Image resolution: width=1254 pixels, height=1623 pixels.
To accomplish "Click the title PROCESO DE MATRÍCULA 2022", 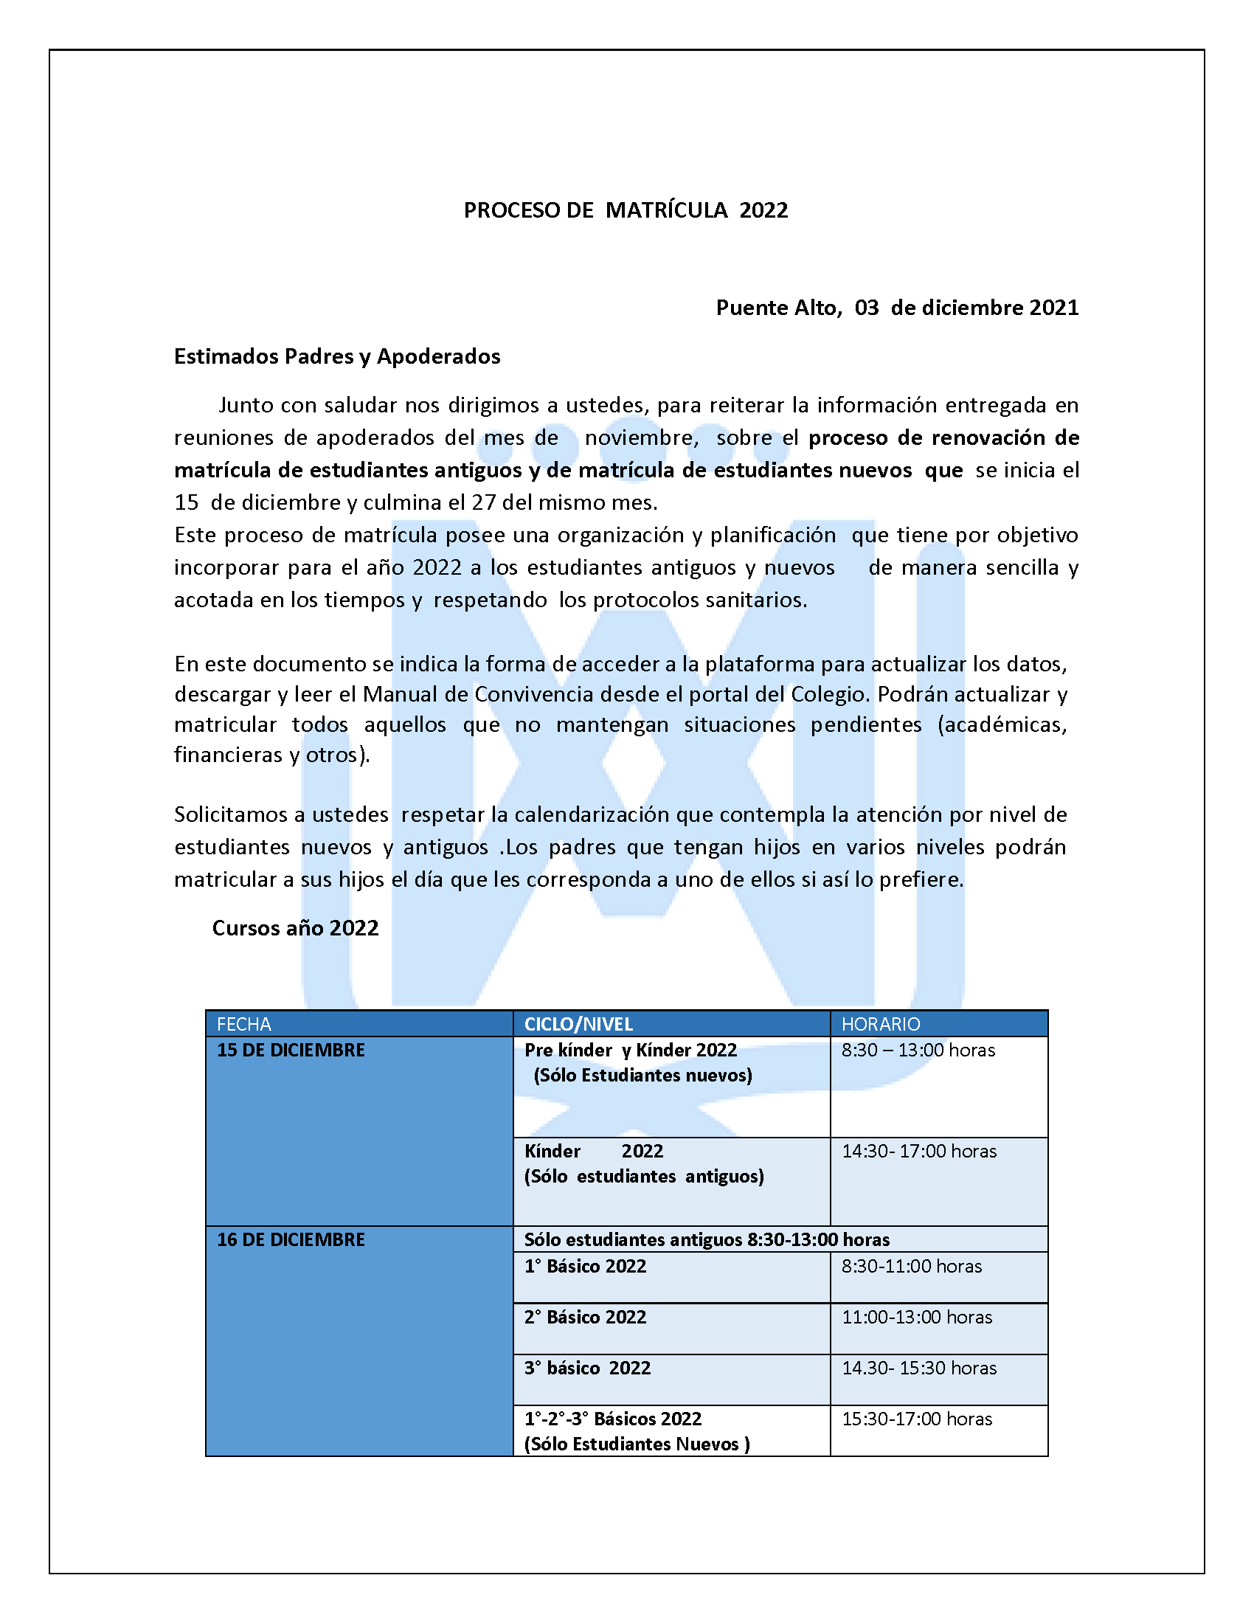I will (626, 210).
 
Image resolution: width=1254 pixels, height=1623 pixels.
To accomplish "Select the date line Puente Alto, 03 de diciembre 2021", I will (897, 308).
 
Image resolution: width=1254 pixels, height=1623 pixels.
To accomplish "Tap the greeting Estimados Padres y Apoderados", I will (336, 357).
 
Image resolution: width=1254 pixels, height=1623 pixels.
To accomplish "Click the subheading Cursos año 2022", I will (295, 928).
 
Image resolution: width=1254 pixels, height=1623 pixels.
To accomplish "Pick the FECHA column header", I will (243, 1024).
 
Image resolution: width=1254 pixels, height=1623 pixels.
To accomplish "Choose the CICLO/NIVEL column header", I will (579, 1024).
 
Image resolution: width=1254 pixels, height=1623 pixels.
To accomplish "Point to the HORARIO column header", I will (880, 1024).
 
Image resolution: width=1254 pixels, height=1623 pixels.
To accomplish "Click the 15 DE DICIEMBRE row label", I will (291, 1050).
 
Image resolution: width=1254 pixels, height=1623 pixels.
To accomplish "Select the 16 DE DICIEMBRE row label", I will (291, 1239).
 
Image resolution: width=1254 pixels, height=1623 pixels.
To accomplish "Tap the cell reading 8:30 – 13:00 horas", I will (918, 1050).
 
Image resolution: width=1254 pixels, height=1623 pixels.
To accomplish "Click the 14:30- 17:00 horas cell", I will (918, 1151).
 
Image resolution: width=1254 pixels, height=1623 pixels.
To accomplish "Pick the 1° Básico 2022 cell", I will (585, 1266).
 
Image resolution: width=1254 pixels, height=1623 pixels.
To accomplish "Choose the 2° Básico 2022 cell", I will (585, 1317).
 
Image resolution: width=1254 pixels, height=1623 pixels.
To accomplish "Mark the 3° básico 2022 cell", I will (587, 1368).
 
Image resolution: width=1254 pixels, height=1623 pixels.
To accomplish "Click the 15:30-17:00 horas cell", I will (916, 1419).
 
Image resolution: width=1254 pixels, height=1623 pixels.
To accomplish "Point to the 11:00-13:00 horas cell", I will (916, 1317).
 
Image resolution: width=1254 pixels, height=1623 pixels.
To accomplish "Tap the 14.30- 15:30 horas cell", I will (918, 1368).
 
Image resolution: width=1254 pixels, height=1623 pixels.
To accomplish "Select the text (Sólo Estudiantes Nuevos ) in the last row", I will (637, 1444).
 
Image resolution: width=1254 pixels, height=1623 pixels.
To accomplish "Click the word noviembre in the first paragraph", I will (640, 437).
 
